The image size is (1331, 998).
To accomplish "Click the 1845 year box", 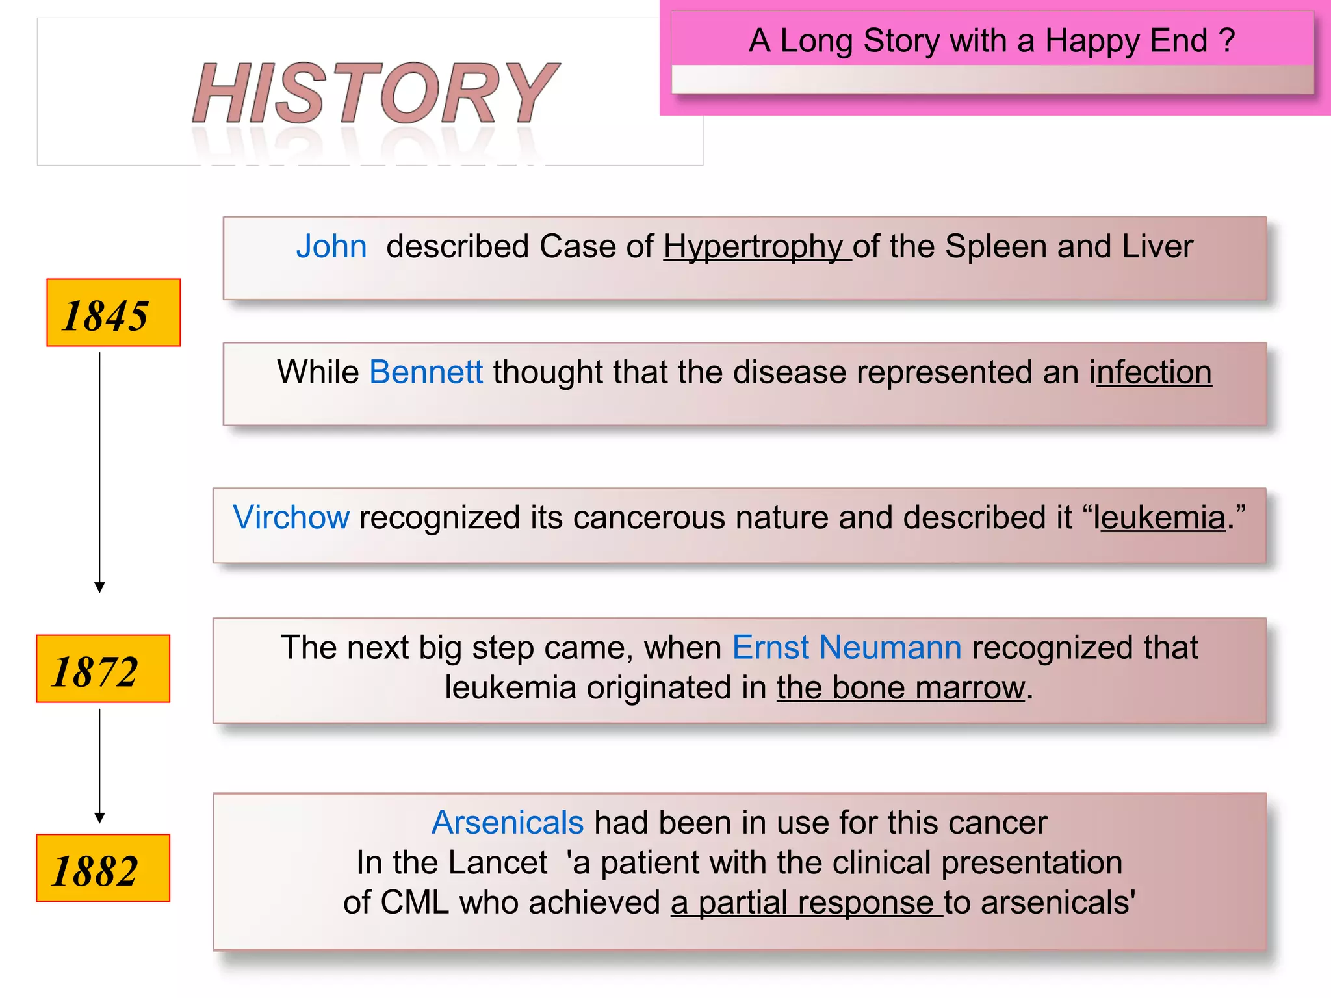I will tap(113, 313).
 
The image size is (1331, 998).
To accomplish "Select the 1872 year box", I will tap(103, 669).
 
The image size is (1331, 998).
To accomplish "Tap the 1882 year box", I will tap(103, 868).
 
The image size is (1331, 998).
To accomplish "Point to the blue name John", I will tap(331, 247).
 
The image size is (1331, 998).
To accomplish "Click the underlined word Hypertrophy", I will tap(754, 247).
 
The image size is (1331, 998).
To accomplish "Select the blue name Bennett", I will tap(426, 373).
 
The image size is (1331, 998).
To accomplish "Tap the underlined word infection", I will tap(1150, 373).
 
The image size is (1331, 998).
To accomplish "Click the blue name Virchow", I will tap(291, 518).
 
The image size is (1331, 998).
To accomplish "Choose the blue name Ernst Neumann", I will tap(846, 648).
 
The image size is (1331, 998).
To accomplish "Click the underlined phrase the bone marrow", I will tap(900, 688).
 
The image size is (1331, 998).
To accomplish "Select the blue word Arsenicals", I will tap(508, 823).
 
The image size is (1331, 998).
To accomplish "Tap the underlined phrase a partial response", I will tap(802, 902).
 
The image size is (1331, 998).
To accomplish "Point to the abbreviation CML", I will tap(415, 902).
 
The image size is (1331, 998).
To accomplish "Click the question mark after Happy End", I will tap(1227, 40).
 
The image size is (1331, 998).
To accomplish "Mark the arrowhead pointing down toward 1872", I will tap(99, 587).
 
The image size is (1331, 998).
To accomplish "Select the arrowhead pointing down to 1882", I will tap(99, 818).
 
